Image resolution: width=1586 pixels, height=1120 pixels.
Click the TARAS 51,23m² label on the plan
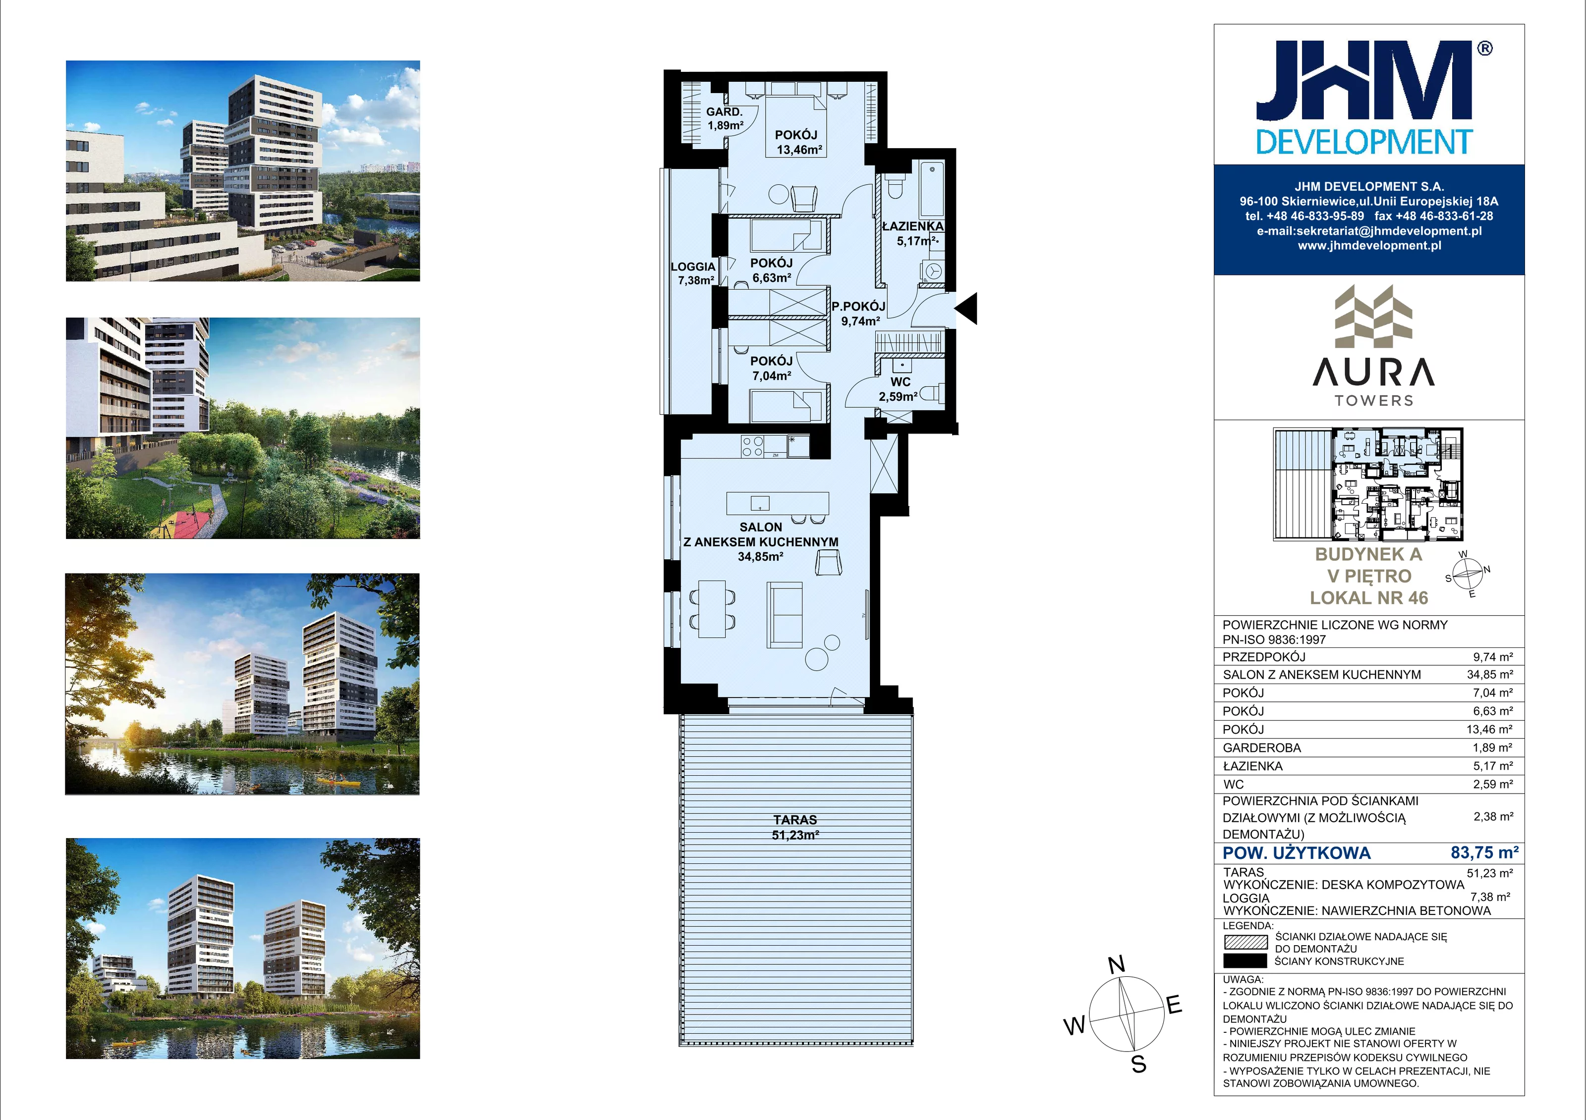click(x=795, y=827)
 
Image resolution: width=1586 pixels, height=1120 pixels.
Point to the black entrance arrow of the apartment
click(x=966, y=308)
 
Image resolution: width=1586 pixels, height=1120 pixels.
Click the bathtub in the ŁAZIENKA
click(x=932, y=189)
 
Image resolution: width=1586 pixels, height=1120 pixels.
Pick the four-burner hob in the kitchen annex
click(x=752, y=446)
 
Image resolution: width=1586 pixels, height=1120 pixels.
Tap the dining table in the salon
click(x=712, y=609)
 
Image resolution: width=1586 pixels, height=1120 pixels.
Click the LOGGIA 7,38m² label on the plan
click(x=693, y=273)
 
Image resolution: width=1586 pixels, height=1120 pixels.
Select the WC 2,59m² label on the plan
click(x=899, y=389)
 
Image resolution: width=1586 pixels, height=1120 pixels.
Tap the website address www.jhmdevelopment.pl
click(x=1369, y=246)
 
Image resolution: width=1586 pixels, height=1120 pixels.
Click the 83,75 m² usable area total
click(x=1484, y=853)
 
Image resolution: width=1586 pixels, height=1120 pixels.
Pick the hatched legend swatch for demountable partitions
click(x=1246, y=942)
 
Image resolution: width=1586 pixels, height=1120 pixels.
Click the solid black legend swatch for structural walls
click(x=1246, y=960)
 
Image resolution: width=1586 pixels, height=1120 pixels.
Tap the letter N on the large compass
click(x=1116, y=964)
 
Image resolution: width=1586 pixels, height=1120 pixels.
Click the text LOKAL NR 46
click(x=1369, y=598)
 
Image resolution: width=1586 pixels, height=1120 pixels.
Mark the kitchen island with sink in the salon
click(x=777, y=503)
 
